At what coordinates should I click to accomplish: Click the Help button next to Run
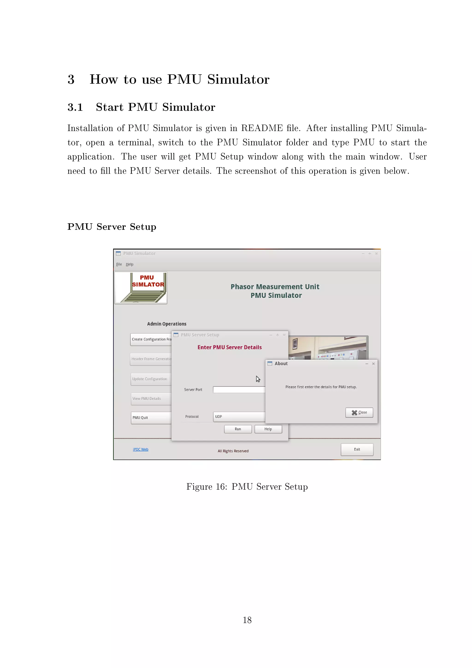coord(268,429)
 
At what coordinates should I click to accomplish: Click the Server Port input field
coord(239,390)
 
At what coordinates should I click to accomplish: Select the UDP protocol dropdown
coord(239,417)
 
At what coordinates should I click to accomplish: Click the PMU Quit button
coord(151,417)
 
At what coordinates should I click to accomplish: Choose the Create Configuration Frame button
coord(151,339)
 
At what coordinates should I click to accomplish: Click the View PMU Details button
coord(151,399)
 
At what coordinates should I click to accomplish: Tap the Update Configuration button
coord(151,379)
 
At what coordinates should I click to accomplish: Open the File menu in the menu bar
coord(119,264)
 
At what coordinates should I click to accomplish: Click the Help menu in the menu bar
coord(129,264)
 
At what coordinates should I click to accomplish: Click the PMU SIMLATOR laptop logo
coord(141,288)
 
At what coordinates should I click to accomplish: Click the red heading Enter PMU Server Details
coord(229,347)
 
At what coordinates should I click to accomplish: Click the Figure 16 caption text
coord(247,487)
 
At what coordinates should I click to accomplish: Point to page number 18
coord(247,620)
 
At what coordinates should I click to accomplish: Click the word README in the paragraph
coord(262,128)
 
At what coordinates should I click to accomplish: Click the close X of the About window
coord(373,364)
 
